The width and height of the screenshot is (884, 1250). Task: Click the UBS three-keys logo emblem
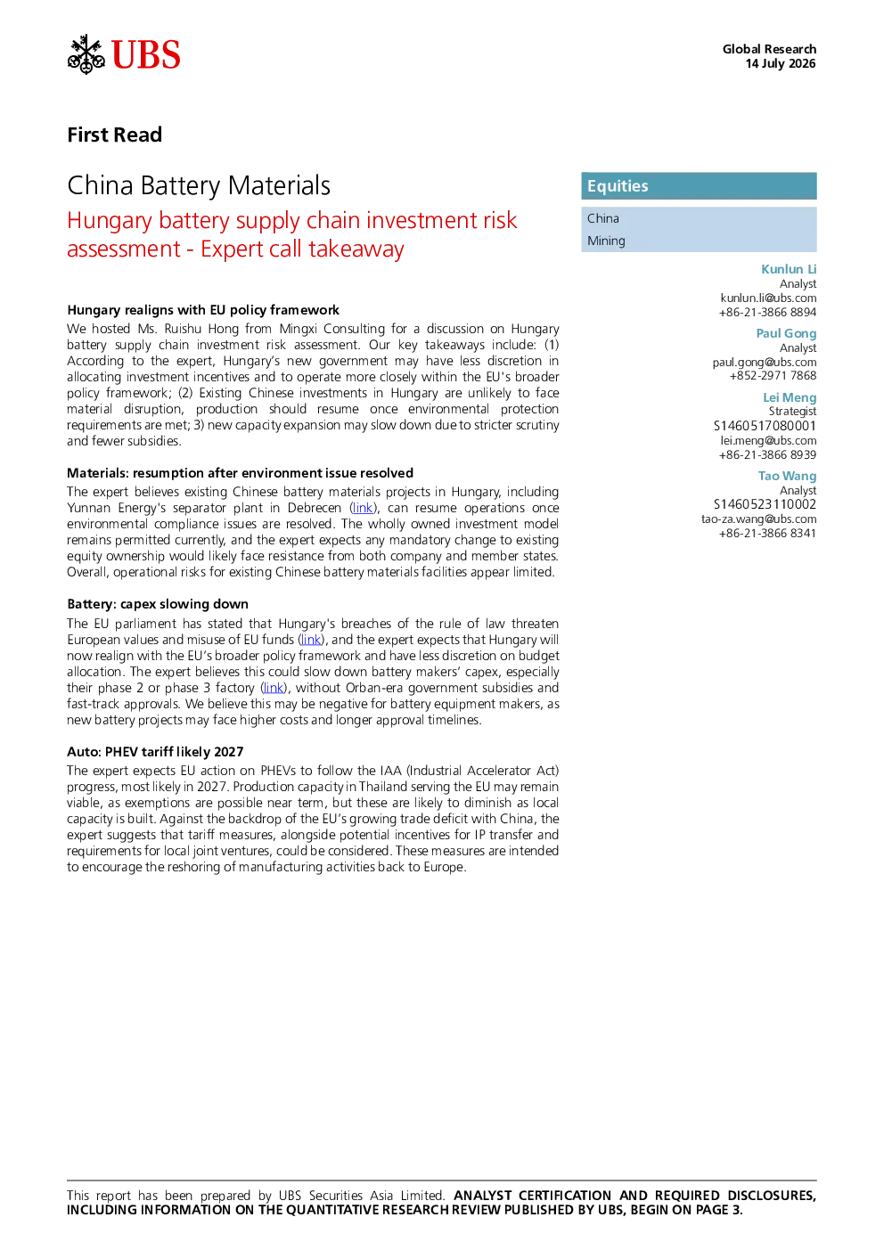coord(86,54)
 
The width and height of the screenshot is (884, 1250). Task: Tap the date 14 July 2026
coord(781,63)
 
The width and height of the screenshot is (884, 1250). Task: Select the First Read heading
coord(114,135)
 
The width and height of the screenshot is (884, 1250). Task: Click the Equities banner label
coord(618,186)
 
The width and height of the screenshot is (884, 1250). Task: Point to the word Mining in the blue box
coord(606,241)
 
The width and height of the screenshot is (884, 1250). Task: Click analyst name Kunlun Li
coord(789,269)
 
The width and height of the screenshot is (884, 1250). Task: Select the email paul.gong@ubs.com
coord(764,362)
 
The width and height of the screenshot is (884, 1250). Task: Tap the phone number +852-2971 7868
coord(773,376)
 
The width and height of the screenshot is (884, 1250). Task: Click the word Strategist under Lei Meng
coord(792,412)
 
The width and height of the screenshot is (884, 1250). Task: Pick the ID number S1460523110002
coord(765,504)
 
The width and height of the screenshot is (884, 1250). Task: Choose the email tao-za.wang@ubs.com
coord(759,519)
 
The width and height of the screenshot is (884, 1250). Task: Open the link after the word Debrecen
coord(363,508)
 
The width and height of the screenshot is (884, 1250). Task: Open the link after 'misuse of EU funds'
coord(311,640)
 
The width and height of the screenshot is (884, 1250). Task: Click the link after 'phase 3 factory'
coord(274,688)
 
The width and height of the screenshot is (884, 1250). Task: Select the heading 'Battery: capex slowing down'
coord(158,604)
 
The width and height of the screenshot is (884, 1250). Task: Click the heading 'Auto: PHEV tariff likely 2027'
coord(155,752)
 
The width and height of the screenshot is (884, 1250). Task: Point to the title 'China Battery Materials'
coord(199,185)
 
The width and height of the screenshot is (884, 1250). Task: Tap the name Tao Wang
coord(787,476)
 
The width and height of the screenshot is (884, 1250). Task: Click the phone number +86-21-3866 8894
coord(767,313)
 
